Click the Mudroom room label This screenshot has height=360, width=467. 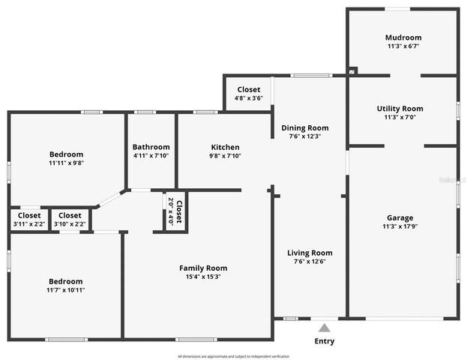[x=403, y=37]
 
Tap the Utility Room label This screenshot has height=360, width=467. [x=400, y=108]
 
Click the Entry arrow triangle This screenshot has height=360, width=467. [x=324, y=328]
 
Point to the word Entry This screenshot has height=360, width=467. [x=324, y=341]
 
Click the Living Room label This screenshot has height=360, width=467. [x=310, y=253]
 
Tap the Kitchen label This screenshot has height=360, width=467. [x=225, y=147]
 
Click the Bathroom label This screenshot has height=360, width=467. [x=151, y=147]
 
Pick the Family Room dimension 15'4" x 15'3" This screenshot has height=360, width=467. [x=202, y=277]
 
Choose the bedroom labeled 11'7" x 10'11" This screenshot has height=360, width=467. [x=66, y=286]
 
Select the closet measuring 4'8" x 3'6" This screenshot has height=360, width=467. [x=248, y=94]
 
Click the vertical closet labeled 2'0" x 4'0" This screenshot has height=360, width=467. [x=175, y=211]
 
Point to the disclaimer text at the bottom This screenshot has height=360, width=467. [x=233, y=355]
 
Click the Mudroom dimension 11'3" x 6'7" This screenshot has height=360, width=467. [x=403, y=46]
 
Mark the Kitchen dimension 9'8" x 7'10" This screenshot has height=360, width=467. [x=225, y=156]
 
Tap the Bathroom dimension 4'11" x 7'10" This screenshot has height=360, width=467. [x=151, y=156]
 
